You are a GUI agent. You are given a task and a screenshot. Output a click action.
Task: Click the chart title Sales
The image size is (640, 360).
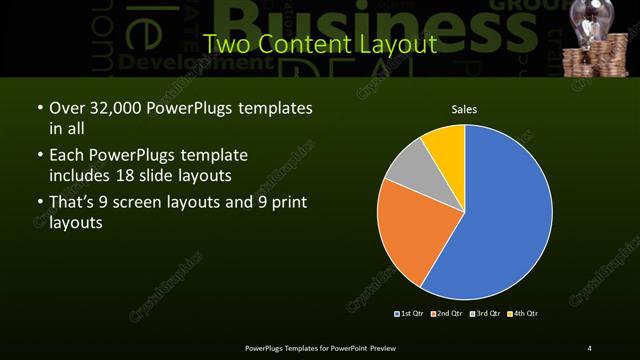pyautogui.click(x=464, y=108)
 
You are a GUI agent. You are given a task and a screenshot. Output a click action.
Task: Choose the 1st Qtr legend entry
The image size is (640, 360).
pyautogui.click(x=409, y=314)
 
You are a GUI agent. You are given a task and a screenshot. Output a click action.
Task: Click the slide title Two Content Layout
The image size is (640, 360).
pyautogui.click(x=319, y=45)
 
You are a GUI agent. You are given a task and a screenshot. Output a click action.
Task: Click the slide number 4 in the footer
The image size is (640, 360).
pyautogui.click(x=590, y=347)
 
